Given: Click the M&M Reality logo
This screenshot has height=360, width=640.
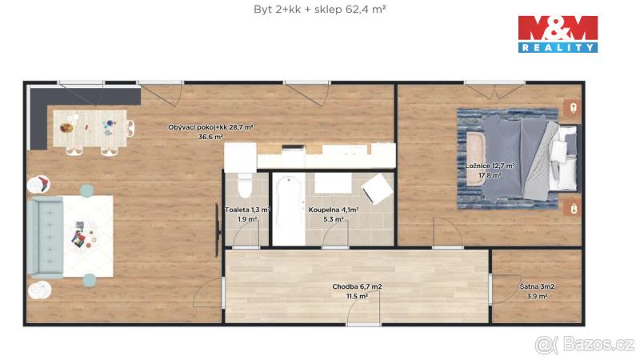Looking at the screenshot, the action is [x=558, y=34].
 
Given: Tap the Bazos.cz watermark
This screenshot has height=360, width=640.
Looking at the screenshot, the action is [x=585, y=345].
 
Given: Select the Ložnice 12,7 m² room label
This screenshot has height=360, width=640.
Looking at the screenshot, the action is [x=490, y=166].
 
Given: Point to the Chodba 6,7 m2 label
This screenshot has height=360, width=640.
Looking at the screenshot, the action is [x=357, y=286].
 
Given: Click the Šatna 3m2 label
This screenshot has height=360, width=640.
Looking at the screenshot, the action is [x=537, y=286].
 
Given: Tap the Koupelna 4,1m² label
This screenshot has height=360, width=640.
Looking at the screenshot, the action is [x=334, y=210].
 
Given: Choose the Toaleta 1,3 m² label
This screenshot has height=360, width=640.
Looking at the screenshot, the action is [x=247, y=210].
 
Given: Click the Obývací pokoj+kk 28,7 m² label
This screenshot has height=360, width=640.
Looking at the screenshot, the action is [x=210, y=127].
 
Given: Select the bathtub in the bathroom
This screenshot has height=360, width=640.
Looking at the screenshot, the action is [x=289, y=210].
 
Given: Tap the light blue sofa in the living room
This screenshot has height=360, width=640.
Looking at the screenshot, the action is [x=45, y=237].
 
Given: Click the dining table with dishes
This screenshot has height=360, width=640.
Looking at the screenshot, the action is [x=90, y=128].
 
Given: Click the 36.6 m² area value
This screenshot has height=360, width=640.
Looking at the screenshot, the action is [x=210, y=137].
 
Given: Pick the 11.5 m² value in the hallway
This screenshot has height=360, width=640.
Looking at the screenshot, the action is [x=357, y=296].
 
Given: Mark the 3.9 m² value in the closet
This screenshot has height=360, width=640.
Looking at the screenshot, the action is [x=537, y=296].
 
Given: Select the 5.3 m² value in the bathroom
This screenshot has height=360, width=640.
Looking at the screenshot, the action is [x=334, y=219].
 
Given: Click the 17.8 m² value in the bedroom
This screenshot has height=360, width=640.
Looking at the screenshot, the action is [x=490, y=175].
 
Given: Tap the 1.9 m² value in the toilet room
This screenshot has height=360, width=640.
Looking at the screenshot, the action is [x=247, y=219].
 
